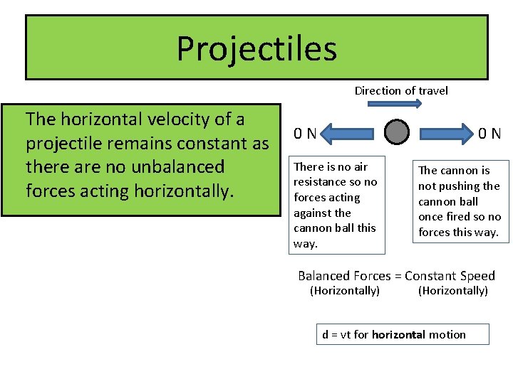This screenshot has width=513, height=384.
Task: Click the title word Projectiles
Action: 256,48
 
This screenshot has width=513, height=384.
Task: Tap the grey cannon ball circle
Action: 397,132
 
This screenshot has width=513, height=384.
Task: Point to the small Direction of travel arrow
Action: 395,104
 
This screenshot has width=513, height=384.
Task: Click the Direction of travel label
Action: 401,90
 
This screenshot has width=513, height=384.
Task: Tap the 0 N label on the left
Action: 306,133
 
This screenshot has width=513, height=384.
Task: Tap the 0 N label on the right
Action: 489,133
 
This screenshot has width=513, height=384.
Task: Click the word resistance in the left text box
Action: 321,182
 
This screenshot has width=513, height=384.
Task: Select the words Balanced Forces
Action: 344,276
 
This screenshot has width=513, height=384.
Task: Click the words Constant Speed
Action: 450,276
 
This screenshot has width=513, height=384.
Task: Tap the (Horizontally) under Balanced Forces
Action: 345,291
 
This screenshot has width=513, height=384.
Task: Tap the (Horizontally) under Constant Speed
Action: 452,291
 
